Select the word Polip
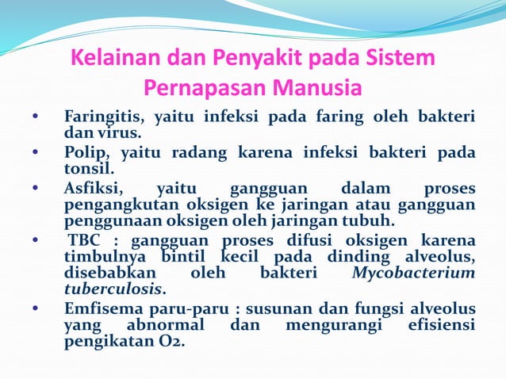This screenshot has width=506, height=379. pyautogui.click(x=84, y=154)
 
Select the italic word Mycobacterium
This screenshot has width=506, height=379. pyautogui.click(x=414, y=273)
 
